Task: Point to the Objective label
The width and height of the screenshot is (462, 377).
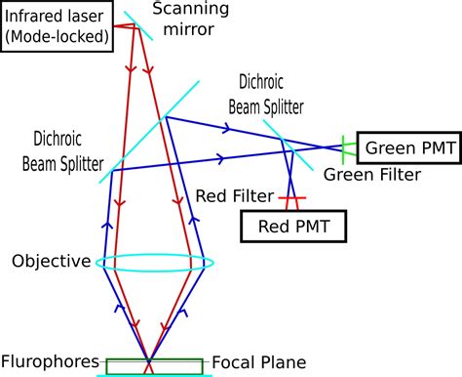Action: pyautogui.click(x=51, y=262)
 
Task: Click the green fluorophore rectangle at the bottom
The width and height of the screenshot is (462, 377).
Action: pyautogui.click(x=150, y=366)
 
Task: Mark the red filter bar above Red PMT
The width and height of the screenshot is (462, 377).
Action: pyautogui.click(x=289, y=199)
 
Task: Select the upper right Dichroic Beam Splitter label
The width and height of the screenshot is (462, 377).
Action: pyautogui.click(x=266, y=94)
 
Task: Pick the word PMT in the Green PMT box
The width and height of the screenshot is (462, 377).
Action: pyautogui.click(x=429, y=148)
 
